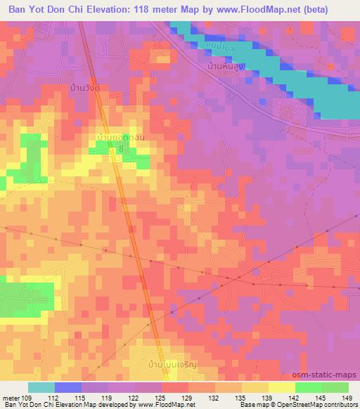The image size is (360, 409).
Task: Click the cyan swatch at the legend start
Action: click(x=41, y=387)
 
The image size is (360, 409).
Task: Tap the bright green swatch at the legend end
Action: click(x=335, y=387)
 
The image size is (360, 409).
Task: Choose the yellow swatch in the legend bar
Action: click(x=281, y=387)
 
